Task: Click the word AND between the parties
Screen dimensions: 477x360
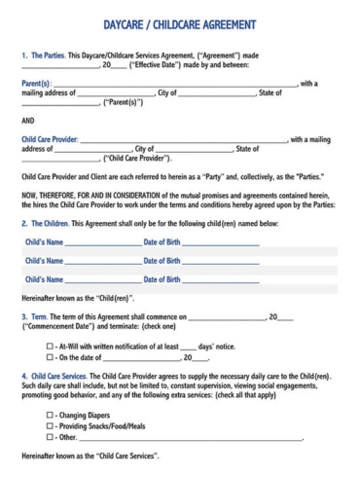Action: [28, 122]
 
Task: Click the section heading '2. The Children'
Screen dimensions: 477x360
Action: [47, 223]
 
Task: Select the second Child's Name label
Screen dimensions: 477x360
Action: [45, 261]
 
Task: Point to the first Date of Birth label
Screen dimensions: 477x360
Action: [162, 241]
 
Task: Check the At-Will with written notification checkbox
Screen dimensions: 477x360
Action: [50, 347]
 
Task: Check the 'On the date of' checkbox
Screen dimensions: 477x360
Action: [50, 358]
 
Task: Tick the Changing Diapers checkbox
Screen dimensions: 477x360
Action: [50, 416]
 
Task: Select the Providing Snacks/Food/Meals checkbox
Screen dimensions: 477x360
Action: [50, 426]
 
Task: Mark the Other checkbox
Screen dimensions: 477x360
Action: [50, 438]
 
